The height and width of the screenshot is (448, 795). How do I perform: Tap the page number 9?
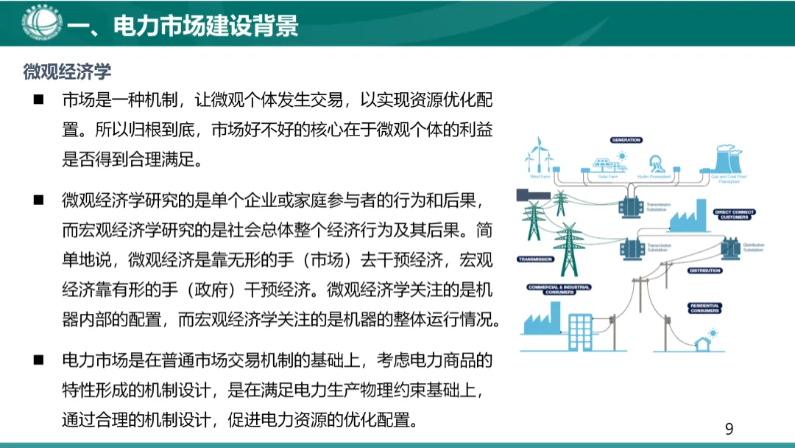(x=729, y=429)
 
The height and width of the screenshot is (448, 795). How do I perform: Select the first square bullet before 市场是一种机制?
(x=38, y=99)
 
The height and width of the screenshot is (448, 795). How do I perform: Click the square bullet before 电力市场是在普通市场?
(x=38, y=360)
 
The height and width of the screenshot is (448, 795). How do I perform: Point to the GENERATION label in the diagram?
(x=626, y=140)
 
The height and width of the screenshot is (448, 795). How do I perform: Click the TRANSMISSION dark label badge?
(x=535, y=259)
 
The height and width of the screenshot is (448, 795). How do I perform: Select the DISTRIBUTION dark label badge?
(x=704, y=270)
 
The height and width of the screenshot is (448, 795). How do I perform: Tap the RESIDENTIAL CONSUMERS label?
(x=704, y=308)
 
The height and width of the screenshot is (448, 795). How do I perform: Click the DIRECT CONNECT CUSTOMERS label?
(x=734, y=214)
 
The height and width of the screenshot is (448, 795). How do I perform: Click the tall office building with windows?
(x=582, y=332)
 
